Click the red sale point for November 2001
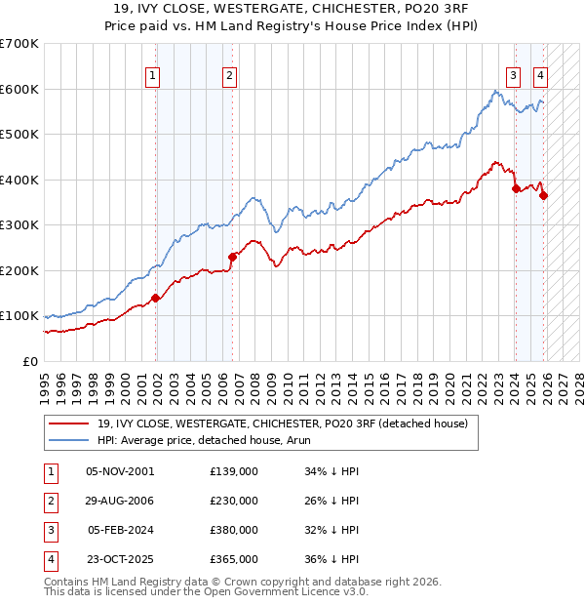pos(155,299)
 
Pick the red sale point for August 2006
pos(232,257)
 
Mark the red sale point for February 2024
pos(516,189)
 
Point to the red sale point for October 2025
pos(543,196)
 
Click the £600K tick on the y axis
pos(19,89)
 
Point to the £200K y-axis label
pos(19,270)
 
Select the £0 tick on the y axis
pos(29,361)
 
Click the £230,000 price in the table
pos(234,501)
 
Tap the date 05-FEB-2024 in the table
pos(120,530)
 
